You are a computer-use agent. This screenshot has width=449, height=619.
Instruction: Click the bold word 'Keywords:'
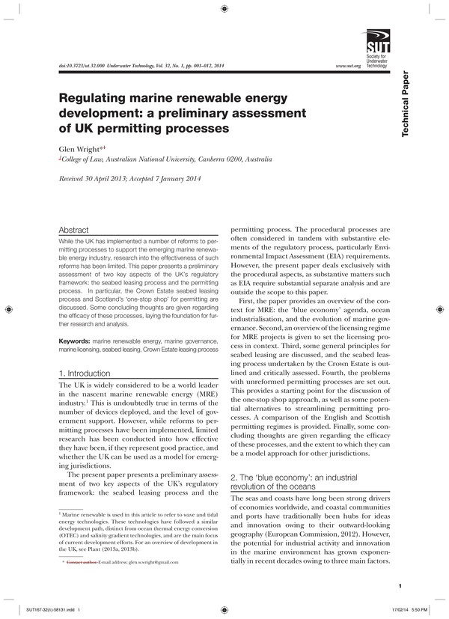75,341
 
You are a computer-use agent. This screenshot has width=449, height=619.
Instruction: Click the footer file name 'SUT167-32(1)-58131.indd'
49,609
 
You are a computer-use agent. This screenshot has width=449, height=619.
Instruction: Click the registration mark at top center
225,10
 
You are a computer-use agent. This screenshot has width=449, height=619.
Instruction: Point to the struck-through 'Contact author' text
82,561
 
